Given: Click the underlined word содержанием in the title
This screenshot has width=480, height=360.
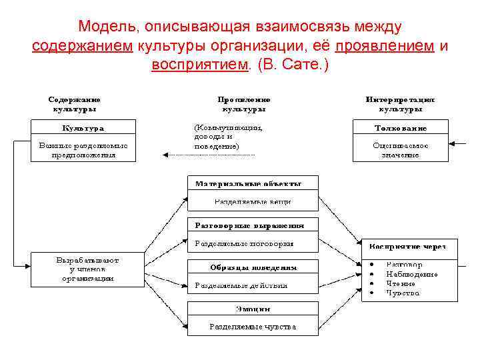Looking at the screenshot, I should coord(83,46).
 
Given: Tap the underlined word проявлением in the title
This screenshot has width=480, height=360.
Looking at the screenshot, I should coord(385,46).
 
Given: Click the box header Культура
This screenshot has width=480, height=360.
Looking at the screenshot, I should coord(83,128).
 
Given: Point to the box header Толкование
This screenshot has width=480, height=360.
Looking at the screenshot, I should coord(401,128).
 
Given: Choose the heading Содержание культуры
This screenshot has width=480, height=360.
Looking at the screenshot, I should coord(74,103).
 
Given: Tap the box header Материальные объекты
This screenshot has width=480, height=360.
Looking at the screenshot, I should coord(248,183).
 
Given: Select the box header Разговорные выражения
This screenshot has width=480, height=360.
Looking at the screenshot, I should coord(249,225).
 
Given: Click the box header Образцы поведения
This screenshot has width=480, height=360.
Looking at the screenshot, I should coord(253,267).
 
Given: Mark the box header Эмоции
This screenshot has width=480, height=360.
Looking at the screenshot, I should coord(253,309).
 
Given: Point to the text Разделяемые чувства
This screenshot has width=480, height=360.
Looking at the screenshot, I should coord(253,327).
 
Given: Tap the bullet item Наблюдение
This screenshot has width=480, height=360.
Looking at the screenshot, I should coord(411,274).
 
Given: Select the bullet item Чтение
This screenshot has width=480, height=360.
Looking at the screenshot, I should coord(401,283).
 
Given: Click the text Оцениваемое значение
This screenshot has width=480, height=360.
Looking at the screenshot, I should coord(401,149).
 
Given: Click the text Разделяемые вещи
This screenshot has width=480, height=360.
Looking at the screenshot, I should coord(253,201).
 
